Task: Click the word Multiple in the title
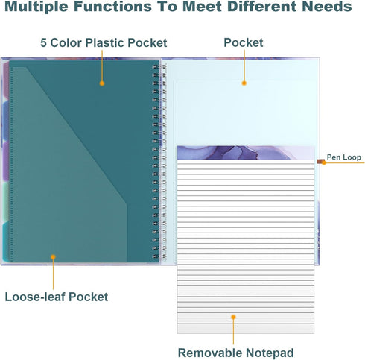click(x=36, y=7)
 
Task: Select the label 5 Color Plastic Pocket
click(x=104, y=42)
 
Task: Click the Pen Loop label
click(x=344, y=157)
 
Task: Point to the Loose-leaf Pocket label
click(x=57, y=297)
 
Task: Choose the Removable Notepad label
click(x=235, y=353)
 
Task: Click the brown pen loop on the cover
click(x=320, y=162)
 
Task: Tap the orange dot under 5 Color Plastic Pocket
click(x=102, y=83)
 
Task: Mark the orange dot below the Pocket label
click(x=244, y=83)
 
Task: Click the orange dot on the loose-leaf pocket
click(x=53, y=257)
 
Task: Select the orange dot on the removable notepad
click(x=233, y=317)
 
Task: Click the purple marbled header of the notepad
click(x=246, y=153)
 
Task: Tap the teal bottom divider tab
click(x=6, y=241)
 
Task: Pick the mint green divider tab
click(x=6, y=201)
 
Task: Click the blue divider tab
click(x=6, y=121)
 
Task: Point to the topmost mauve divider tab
click(x=6, y=80)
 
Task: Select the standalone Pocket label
click(x=244, y=42)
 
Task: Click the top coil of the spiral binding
click(x=159, y=66)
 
